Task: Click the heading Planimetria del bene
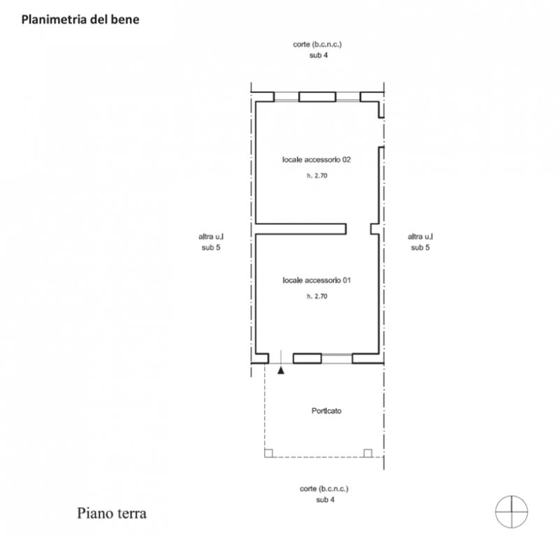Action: pos(80,20)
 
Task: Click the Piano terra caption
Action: pos(112,513)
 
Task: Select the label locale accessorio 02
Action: pos(317,160)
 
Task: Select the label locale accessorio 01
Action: pos(317,281)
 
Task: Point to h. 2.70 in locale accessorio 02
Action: pos(317,175)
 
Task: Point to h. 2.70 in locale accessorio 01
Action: pos(317,296)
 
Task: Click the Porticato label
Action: pos(326,411)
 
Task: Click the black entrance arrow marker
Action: pos(281,370)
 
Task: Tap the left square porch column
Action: pos(268,453)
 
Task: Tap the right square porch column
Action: pos(368,453)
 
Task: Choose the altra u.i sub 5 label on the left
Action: pos(211,242)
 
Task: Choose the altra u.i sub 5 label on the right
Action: pos(421,242)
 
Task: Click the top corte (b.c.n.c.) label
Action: pos(317,45)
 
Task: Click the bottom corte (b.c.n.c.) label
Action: pos(324,489)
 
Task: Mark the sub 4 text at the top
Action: pos(319,55)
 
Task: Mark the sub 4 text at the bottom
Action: pos(325,499)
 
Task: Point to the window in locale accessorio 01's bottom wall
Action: pos(337,358)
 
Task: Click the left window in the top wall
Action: pos(286,97)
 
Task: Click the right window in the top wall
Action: pos(348,97)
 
